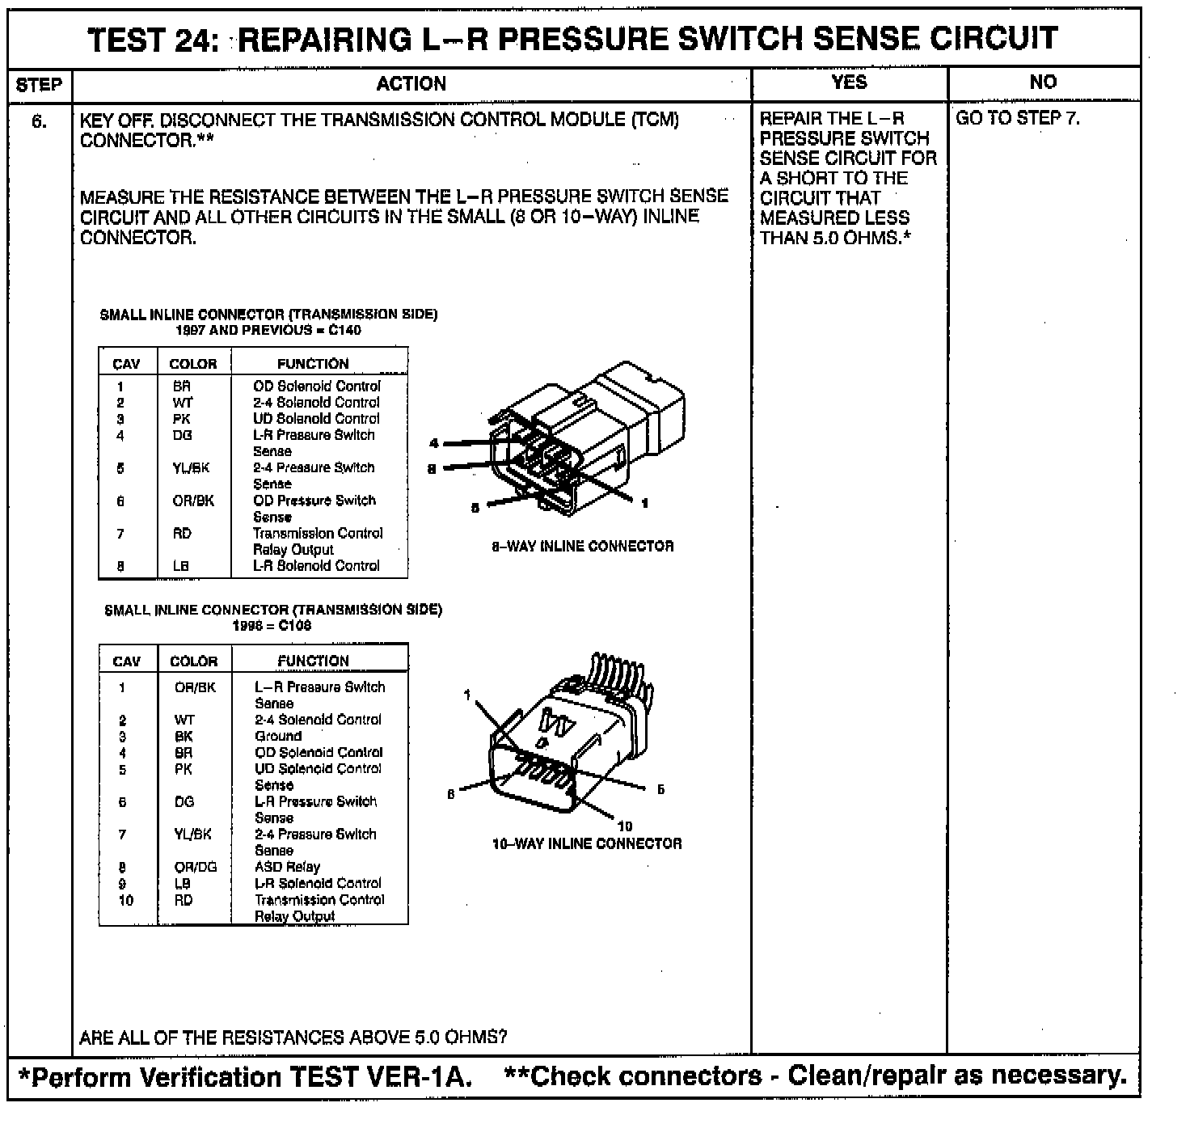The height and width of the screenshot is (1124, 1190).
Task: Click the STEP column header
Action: click(39, 85)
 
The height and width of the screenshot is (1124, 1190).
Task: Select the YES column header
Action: click(849, 82)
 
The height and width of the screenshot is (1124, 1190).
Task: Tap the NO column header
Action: click(1043, 82)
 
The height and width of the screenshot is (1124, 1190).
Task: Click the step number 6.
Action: click(39, 121)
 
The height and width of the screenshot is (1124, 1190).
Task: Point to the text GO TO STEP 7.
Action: click(1017, 118)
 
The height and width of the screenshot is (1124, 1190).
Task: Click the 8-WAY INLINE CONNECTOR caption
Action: click(582, 547)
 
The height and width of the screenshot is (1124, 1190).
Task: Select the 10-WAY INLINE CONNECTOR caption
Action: click(587, 843)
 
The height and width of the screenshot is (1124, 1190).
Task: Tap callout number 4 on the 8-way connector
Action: click(434, 443)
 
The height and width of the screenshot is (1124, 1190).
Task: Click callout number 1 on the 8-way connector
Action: click(644, 503)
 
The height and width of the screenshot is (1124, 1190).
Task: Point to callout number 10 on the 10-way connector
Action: click(625, 826)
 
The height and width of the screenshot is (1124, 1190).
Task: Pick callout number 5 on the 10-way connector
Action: click(660, 789)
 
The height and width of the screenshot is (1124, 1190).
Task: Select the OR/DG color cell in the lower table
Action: click(196, 867)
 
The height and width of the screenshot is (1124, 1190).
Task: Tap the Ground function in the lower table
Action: click(278, 736)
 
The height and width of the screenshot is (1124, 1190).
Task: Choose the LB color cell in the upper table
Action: click(181, 566)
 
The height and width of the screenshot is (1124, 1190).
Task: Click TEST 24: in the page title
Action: click(158, 39)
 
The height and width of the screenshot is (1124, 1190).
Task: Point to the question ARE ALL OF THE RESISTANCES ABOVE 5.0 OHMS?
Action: click(293, 1037)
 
